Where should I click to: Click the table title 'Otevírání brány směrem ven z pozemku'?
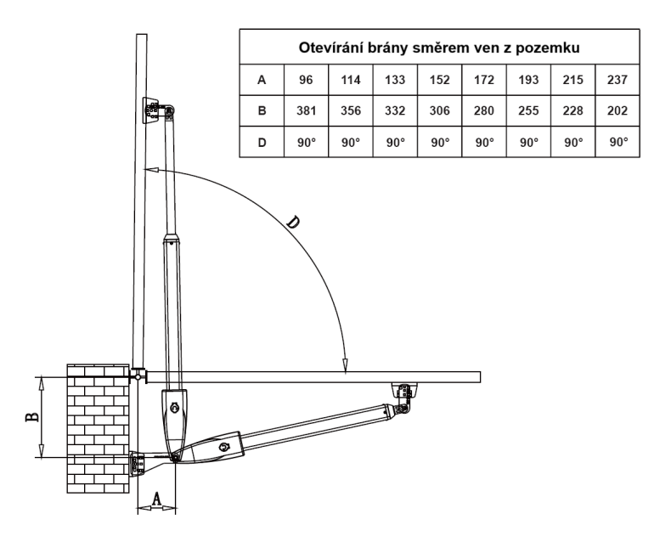pos(439,48)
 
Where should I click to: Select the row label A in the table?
pos(262,80)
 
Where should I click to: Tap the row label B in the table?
pos(262,110)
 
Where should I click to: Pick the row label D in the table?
pos(262,142)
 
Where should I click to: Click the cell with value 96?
pos(306,80)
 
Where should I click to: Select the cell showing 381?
pos(306,110)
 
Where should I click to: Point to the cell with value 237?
pos(617,80)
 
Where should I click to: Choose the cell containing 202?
pos(617,110)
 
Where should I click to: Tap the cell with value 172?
pos(484,80)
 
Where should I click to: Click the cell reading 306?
pos(439,110)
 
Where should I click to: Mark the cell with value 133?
pos(395,80)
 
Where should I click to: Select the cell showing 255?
pos(528,110)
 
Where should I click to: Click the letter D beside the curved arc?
pos(293,223)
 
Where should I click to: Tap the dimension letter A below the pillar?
pos(156,499)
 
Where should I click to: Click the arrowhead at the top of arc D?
pos(150,170)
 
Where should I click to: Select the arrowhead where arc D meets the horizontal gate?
pos(345,366)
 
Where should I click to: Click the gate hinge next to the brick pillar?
pos(138,376)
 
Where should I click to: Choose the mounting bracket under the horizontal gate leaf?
pos(403,390)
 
